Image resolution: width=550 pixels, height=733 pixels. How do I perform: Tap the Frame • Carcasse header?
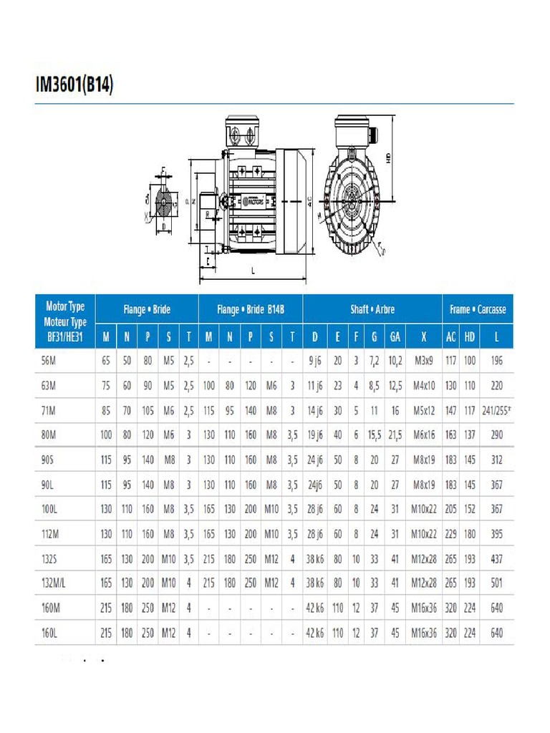pyautogui.click(x=477, y=309)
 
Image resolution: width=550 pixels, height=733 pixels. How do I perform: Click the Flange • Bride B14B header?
pyautogui.click(x=251, y=309)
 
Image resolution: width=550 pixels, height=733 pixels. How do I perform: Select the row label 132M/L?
pyautogui.click(x=54, y=583)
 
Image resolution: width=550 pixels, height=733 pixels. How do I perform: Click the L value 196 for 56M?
pyautogui.click(x=497, y=361)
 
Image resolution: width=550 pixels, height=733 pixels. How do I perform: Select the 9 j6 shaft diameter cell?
pyautogui.click(x=315, y=361)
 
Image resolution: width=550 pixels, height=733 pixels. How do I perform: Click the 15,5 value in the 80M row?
pyautogui.click(x=374, y=435)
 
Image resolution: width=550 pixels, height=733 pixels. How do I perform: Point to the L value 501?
pyautogui.click(x=497, y=583)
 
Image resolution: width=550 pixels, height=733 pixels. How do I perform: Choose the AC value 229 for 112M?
pyautogui.click(x=450, y=534)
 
